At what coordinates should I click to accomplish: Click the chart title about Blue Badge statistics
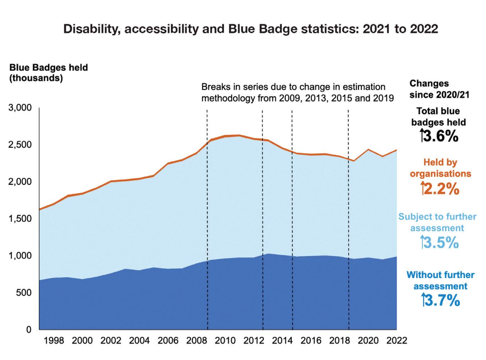pos(250,29)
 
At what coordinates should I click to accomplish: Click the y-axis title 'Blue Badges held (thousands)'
pos(48,73)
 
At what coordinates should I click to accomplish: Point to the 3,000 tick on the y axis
pos(20,108)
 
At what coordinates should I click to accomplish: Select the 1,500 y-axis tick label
pos(20,219)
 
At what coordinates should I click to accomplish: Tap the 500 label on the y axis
pos(24,293)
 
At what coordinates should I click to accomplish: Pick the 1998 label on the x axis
pos(54,341)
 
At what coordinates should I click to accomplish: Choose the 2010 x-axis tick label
pos(225,341)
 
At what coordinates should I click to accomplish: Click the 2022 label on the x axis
pos(397,341)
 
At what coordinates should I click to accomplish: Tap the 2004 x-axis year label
pos(139,341)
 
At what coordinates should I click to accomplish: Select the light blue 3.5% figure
pos(440,243)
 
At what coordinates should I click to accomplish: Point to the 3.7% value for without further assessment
pos(441,301)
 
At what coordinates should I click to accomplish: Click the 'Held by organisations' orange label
pos(440,168)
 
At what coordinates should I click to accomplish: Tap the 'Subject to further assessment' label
pos(437,222)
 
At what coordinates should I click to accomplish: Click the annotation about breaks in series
pos(297,92)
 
